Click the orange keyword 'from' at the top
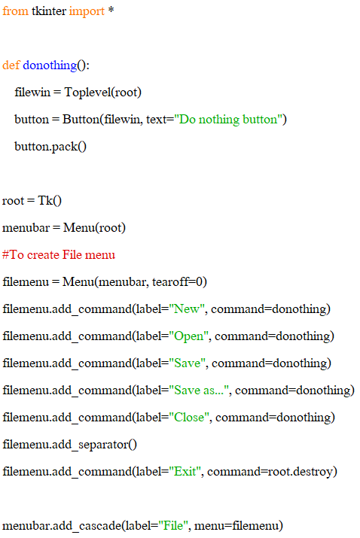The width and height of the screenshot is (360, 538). [x=15, y=11]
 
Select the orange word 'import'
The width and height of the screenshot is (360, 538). [x=87, y=12]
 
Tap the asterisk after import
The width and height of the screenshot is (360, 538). [x=111, y=10]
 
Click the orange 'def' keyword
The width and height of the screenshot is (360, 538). [x=11, y=65]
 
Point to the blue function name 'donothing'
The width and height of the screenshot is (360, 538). [x=50, y=65]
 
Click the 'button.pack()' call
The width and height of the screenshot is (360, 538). [x=50, y=147]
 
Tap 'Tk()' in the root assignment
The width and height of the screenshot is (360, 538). [x=50, y=200]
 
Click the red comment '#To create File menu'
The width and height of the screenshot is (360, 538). [x=59, y=254]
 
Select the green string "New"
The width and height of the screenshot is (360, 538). [x=187, y=309]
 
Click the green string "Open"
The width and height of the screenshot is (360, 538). [x=188, y=336]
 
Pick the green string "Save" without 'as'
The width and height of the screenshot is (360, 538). [x=188, y=363]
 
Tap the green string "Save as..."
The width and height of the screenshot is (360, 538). [x=199, y=390]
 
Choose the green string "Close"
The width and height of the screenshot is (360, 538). [x=189, y=417]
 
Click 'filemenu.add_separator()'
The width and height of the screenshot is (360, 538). [x=70, y=445]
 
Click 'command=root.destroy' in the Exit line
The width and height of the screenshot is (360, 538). [x=270, y=472]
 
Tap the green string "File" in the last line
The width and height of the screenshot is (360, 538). [x=173, y=526]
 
